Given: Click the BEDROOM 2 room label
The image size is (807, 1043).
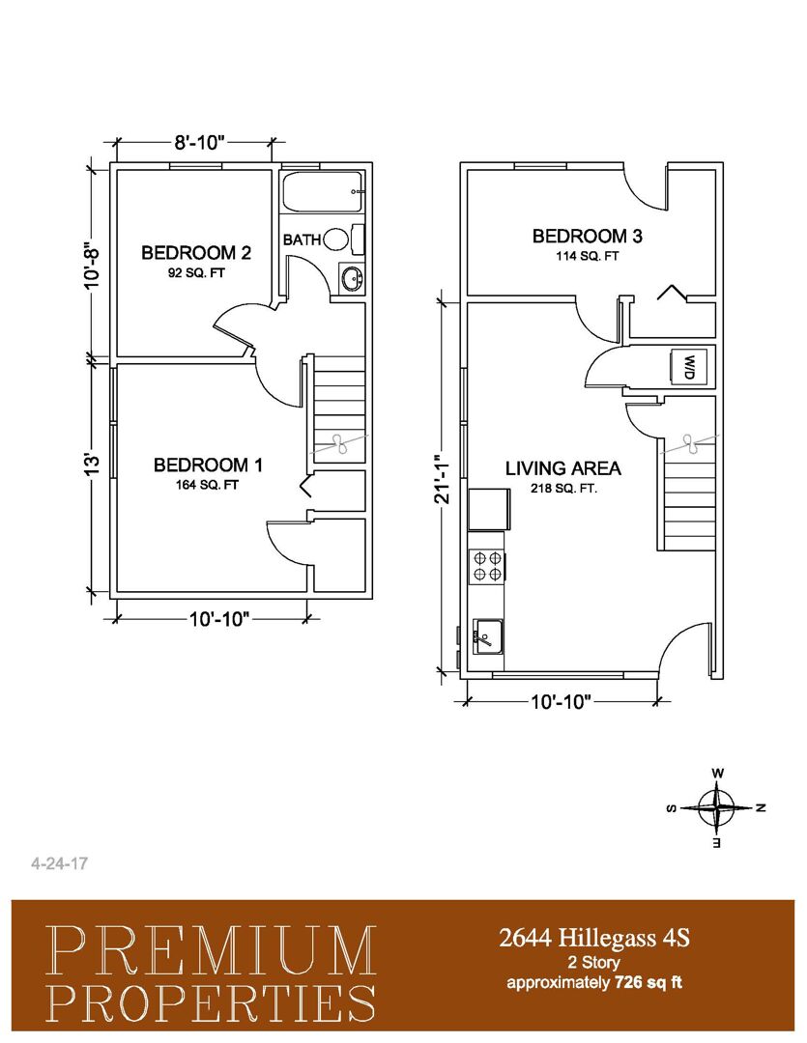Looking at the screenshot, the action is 196,253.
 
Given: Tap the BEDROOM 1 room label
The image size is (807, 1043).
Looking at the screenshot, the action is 208,465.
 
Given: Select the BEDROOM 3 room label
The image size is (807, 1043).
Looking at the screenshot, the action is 588,237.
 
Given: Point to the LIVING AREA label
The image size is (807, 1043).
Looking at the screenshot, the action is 562,468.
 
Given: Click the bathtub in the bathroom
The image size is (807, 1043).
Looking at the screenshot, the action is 323,191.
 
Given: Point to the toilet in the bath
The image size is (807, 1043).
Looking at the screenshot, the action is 344,239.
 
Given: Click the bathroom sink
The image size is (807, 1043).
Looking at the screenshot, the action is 351,278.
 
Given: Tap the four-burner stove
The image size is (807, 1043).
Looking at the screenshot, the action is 487,567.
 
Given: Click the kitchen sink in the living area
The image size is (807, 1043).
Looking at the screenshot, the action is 488,636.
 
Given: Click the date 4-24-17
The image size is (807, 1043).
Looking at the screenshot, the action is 59,864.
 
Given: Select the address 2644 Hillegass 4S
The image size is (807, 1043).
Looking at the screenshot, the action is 594,938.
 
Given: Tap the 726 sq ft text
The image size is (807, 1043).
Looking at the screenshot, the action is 648,982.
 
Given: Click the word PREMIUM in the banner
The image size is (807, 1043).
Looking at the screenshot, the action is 213,952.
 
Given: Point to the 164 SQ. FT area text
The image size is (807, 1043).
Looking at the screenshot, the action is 208,486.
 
